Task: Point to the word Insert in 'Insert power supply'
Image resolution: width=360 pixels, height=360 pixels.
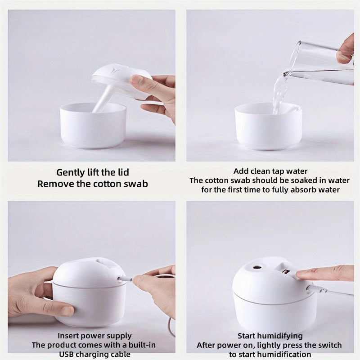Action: point(66,336)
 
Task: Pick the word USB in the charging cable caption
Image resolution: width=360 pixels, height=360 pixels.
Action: point(67,354)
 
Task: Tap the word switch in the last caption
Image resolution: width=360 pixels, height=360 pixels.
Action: point(328,345)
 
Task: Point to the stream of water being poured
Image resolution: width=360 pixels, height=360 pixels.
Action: point(279,94)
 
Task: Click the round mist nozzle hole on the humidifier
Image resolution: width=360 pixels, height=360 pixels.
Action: point(257,267)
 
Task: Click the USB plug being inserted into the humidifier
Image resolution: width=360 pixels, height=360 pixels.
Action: point(125,279)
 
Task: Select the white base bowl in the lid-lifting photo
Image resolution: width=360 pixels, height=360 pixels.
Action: point(93,126)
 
